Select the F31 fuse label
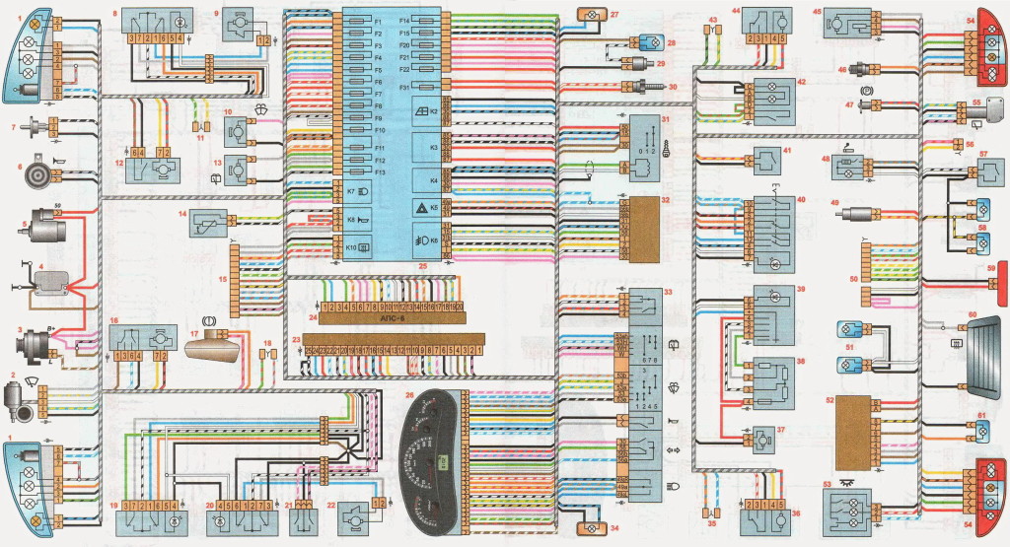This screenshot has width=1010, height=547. pyautogui.click(x=404, y=88)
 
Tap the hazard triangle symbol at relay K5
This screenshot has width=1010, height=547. pyautogui.click(x=422, y=207)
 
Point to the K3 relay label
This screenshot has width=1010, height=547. pyautogui.click(x=434, y=148)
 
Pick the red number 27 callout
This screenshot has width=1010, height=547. pyautogui.click(x=614, y=14)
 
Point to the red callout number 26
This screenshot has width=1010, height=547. pyautogui.click(x=408, y=394)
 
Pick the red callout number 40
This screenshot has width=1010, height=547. pyautogui.click(x=801, y=201)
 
